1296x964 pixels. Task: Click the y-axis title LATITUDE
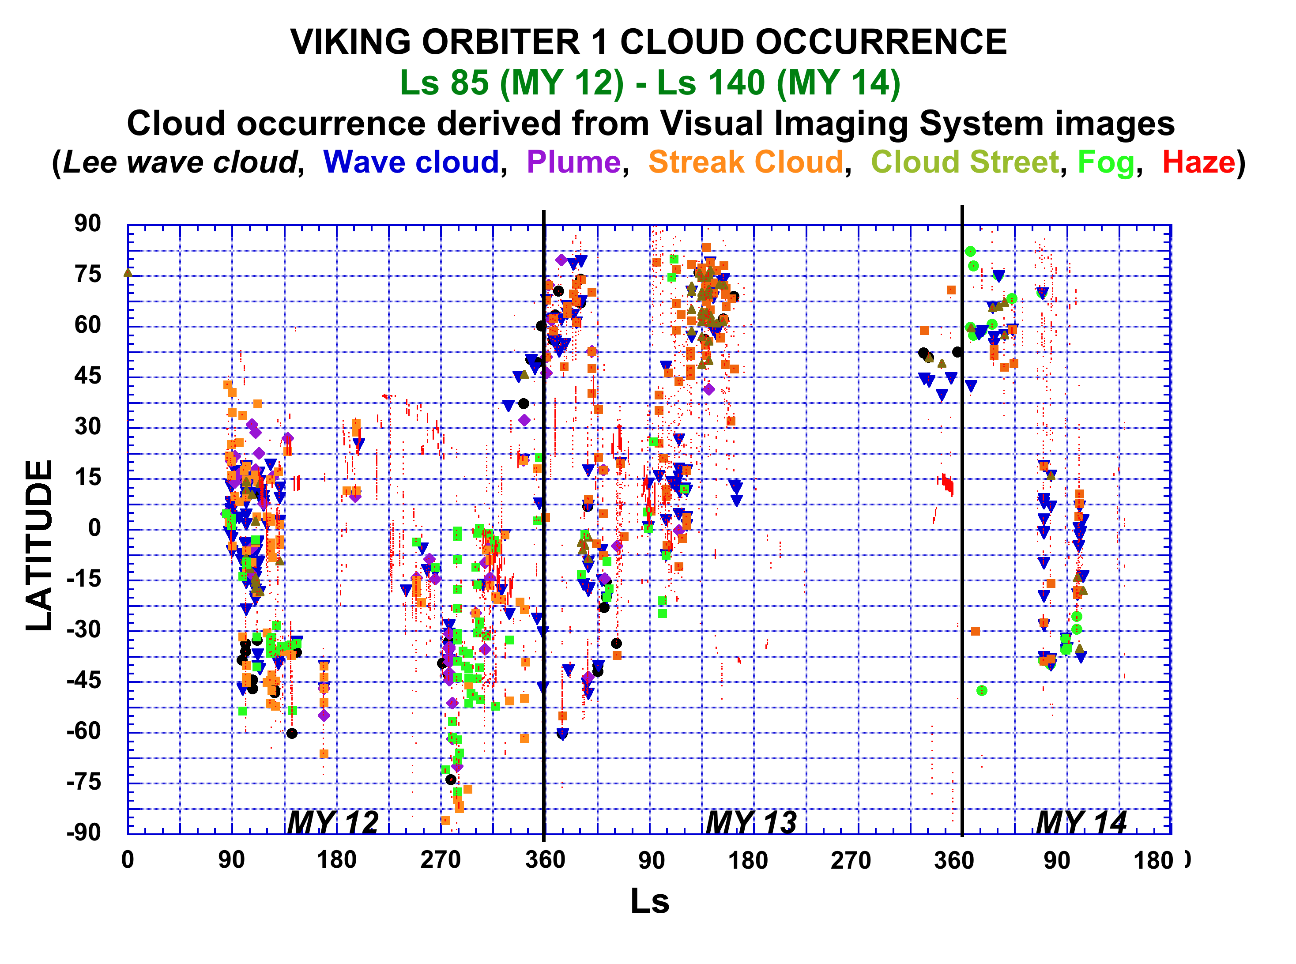pos(40,546)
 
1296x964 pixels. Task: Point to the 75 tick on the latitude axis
pos(87,274)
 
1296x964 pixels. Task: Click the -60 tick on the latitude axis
pos(83,731)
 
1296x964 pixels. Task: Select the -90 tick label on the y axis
pos(83,832)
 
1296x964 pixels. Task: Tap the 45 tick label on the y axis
pos(87,376)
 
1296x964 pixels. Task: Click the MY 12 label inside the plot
pos(332,823)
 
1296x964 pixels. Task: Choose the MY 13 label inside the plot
pos(751,823)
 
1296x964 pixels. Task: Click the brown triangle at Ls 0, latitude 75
pos(128,272)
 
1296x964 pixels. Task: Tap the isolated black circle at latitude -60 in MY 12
pos(292,734)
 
